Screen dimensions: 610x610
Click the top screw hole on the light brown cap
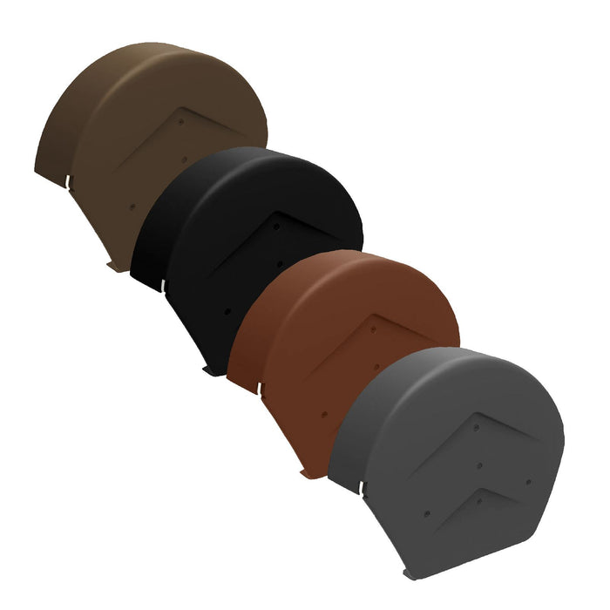[181, 123]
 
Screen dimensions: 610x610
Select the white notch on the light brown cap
[68, 185]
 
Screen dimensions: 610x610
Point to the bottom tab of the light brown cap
[114, 264]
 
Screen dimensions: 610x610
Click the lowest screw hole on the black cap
[227, 309]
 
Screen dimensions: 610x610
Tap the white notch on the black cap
[164, 286]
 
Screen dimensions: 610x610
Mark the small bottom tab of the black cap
[210, 369]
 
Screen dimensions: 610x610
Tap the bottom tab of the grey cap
[410, 575]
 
